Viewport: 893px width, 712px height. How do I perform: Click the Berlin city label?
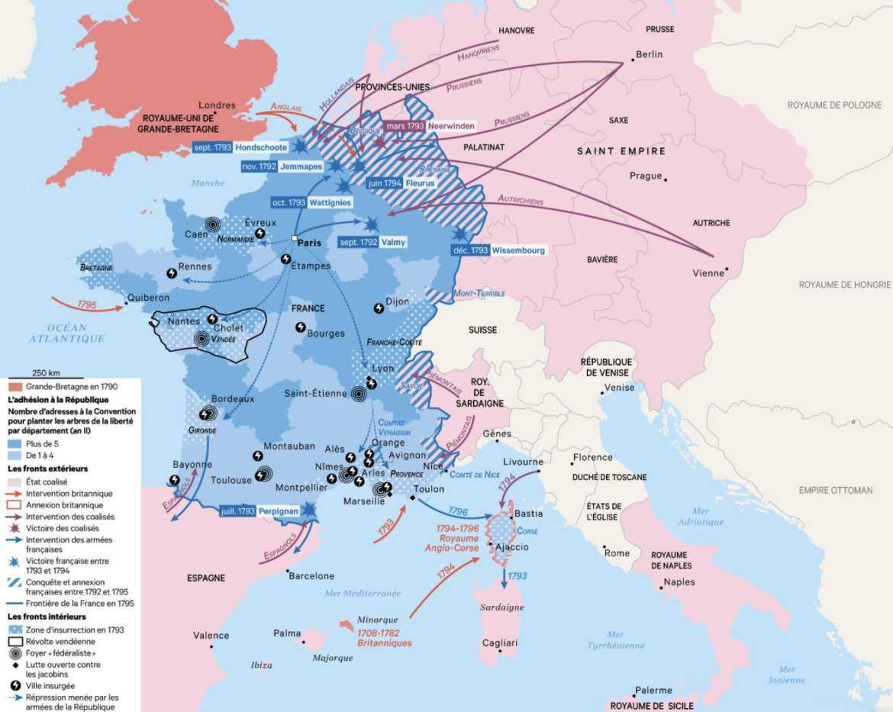[648, 54]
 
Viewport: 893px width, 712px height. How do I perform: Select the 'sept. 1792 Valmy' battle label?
[372, 242]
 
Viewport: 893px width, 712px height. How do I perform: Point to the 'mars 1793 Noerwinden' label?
[430, 126]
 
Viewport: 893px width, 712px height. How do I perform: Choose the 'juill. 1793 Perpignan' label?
[259, 511]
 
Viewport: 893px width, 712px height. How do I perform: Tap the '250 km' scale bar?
[46, 373]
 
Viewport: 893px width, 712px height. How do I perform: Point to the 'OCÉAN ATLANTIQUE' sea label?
[67, 333]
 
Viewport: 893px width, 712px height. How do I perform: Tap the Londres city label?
[217, 105]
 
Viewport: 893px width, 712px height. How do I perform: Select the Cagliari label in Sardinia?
[500, 643]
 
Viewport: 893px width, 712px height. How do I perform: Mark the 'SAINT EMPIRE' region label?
[621, 151]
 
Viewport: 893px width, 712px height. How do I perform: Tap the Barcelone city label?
[311, 575]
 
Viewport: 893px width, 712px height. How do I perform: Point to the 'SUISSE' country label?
[482, 330]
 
